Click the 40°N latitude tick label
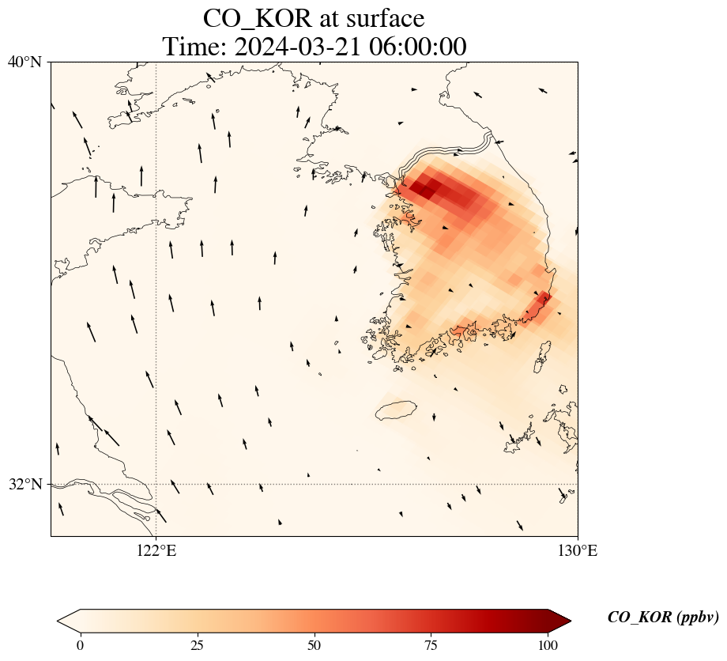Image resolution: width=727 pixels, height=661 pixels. (x=25, y=62)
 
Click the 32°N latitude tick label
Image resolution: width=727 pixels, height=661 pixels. (x=25, y=484)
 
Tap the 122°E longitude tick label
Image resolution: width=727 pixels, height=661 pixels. (x=156, y=551)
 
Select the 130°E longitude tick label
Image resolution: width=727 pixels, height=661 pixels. (x=578, y=551)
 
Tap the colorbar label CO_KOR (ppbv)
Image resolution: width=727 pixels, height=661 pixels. (x=662, y=618)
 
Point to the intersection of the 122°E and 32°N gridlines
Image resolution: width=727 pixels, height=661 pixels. (x=156, y=484)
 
